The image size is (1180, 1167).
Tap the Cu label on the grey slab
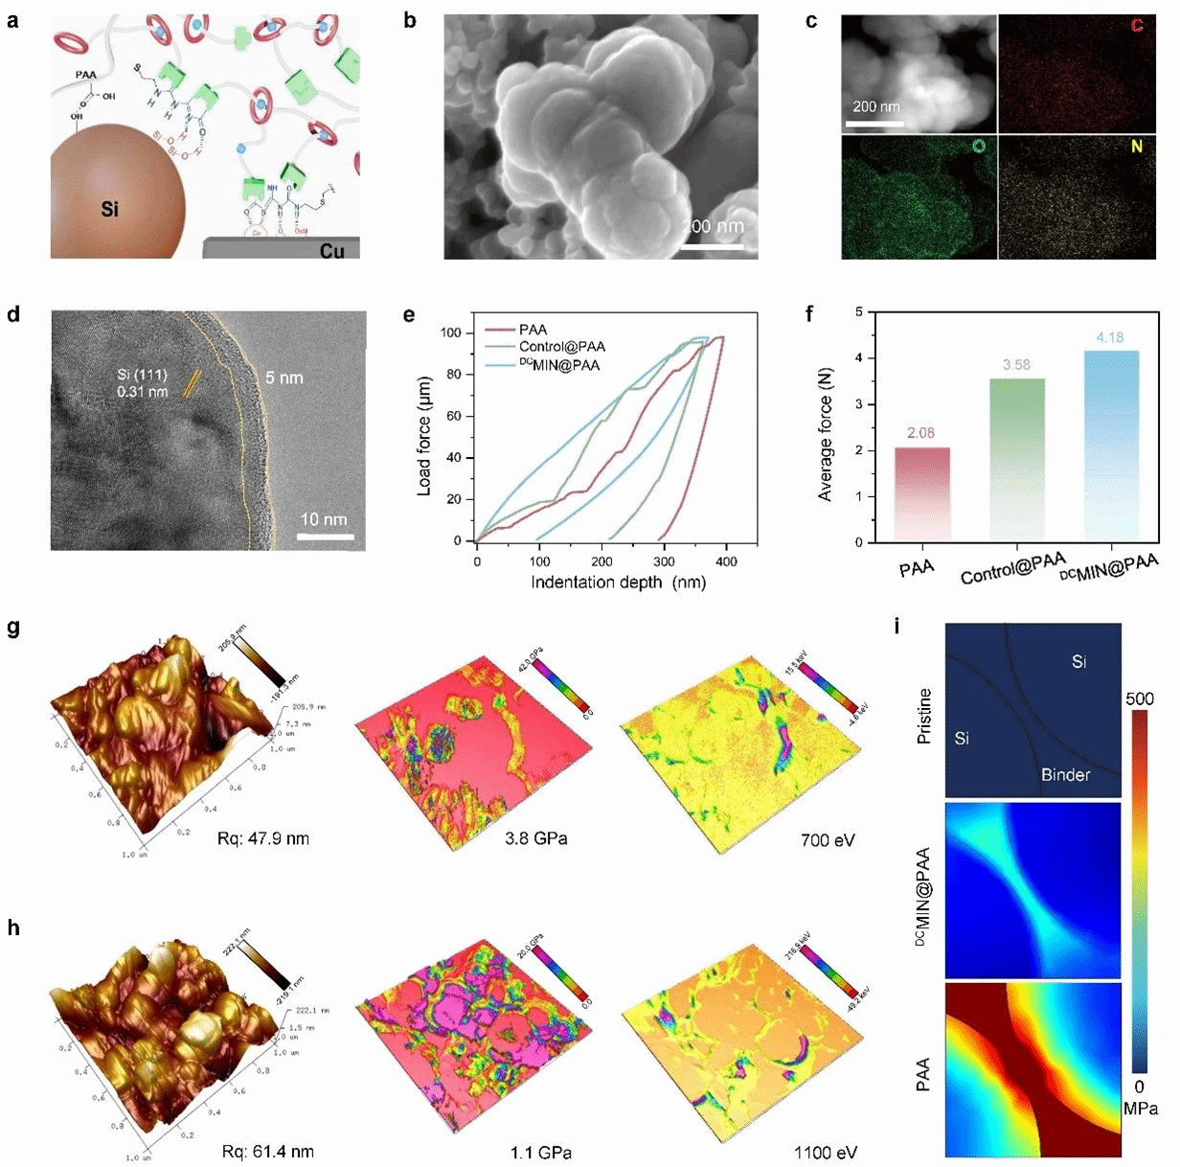332,250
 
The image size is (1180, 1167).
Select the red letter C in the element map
1137,25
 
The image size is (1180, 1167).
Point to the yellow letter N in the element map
1137,147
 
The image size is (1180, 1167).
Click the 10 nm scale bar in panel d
325,537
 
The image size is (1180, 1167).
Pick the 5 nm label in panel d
284,378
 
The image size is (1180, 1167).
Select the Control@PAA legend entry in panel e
561,347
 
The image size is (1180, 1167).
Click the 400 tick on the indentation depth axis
726,561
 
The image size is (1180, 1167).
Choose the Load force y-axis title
425,435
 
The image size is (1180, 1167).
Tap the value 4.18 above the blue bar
1109,337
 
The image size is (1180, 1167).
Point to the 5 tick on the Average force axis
859,311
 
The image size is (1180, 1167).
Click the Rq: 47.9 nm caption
263,839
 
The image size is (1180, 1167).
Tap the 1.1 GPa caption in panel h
537,1153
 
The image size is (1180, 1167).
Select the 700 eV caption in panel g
828,840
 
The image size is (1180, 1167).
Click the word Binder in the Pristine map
1065,774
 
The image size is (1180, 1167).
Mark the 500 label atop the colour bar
1140,698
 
